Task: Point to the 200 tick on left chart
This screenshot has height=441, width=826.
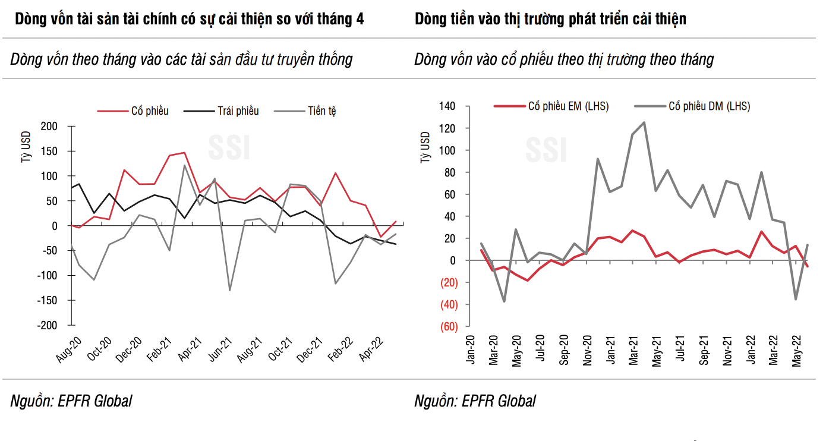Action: (49, 126)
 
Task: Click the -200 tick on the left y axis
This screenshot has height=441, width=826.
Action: (47, 325)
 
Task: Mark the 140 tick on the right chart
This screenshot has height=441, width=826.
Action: (447, 106)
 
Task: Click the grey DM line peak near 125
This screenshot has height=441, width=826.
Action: (644, 122)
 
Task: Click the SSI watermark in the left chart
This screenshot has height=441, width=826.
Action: (229, 148)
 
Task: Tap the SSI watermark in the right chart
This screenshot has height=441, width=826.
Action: (546, 149)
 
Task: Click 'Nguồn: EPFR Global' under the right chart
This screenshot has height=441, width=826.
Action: (475, 401)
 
